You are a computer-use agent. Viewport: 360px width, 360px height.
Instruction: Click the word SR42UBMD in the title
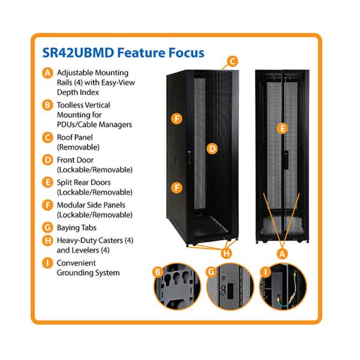[x=77, y=53]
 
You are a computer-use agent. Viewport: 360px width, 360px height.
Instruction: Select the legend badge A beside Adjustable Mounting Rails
[x=47, y=73]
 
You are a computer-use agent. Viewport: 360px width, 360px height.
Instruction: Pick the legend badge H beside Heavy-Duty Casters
[x=47, y=241]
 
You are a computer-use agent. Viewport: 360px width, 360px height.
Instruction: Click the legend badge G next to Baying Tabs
[x=47, y=228]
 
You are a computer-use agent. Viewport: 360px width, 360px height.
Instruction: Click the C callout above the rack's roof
[x=233, y=61]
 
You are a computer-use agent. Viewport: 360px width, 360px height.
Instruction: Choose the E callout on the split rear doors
[x=283, y=128]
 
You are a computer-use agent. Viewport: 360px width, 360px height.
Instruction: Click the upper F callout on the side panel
[x=176, y=118]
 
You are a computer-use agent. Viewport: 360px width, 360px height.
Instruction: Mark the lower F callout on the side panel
[x=176, y=187]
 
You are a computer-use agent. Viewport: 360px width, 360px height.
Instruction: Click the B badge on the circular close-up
[x=157, y=271]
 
